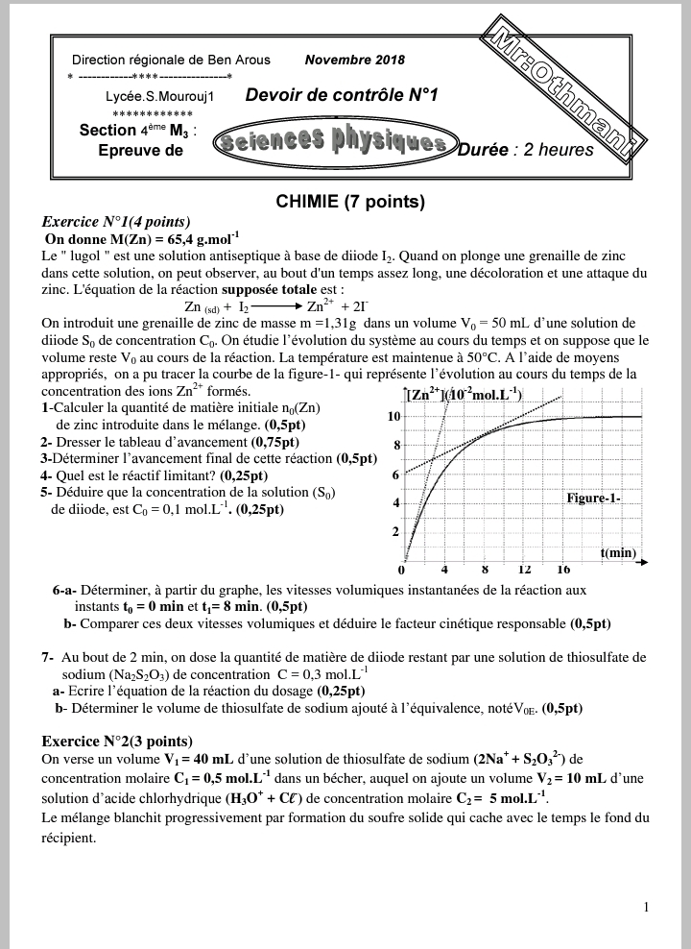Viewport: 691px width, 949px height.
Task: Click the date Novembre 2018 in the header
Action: (x=354, y=60)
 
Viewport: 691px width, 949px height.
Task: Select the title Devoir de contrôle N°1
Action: (x=341, y=95)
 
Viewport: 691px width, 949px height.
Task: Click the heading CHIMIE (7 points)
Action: (x=349, y=202)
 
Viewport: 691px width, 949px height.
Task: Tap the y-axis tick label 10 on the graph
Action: (x=393, y=417)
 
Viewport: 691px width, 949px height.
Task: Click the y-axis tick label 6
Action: (x=395, y=475)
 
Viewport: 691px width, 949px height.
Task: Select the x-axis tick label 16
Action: (x=563, y=570)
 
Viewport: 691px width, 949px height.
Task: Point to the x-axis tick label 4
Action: (x=444, y=570)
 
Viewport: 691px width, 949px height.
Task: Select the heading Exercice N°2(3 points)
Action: (x=117, y=741)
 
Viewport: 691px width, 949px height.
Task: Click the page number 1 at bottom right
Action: (x=646, y=907)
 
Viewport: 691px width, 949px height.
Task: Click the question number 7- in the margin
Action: (x=47, y=657)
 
